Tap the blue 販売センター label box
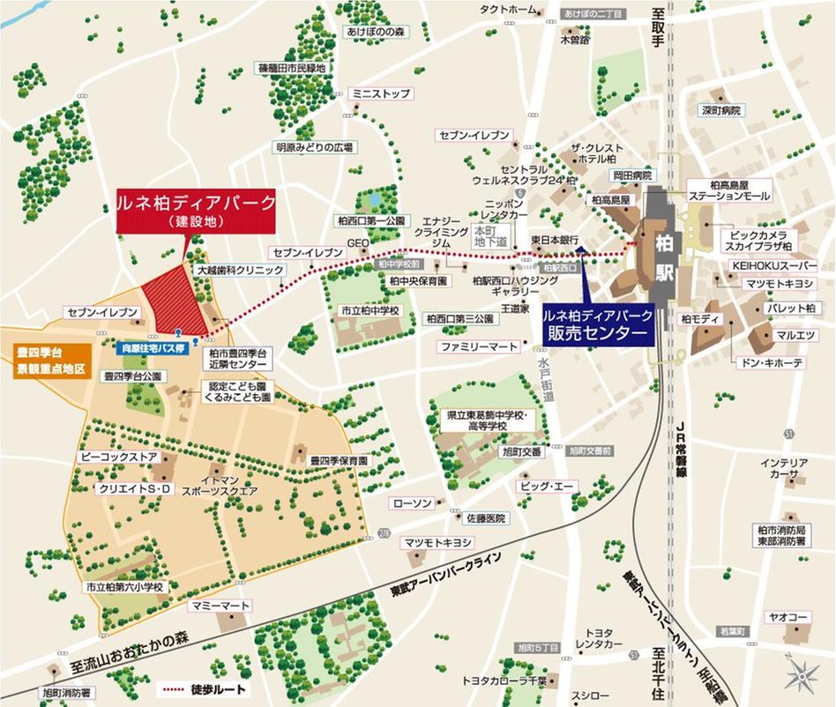coord(597,324)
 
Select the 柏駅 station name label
coord(664,257)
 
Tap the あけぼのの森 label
coord(374,32)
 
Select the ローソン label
coord(412,502)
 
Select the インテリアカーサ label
coord(785,468)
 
